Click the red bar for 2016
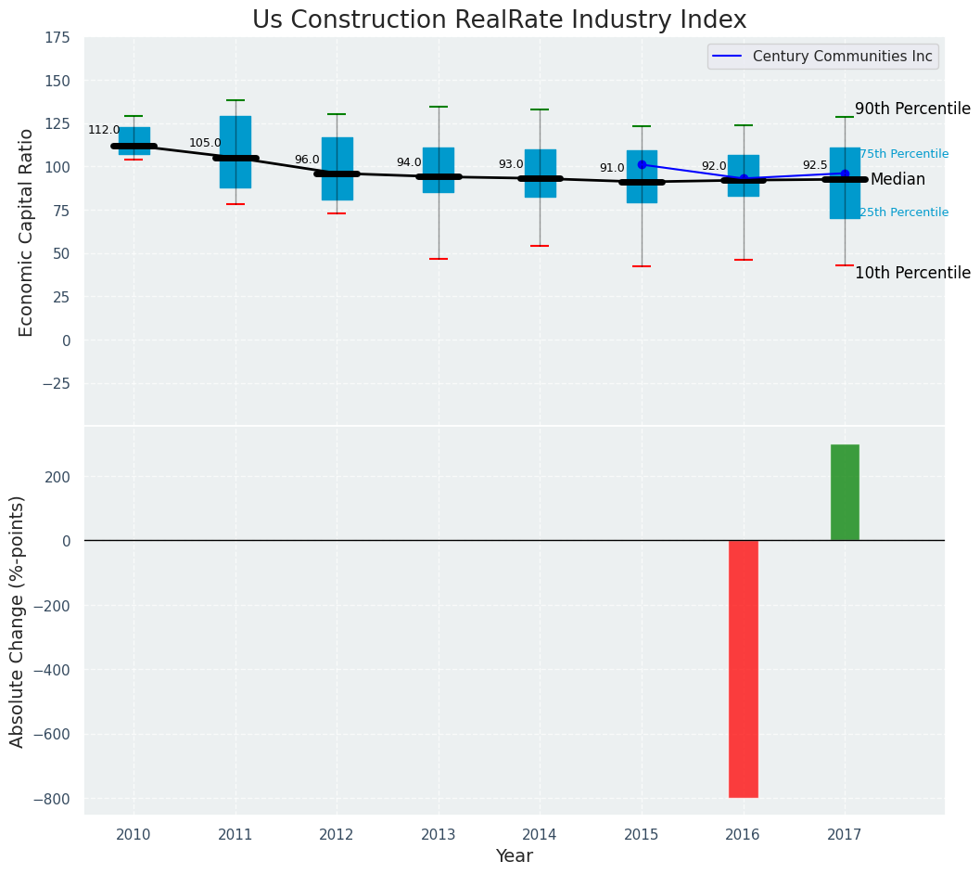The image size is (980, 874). pyautogui.click(x=743, y=668)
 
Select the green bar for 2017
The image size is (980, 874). pyautogui.click(x=845, y=492)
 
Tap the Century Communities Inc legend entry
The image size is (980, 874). pyautogui.click(x=842, y=57)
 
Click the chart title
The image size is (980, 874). pyautogui.click(x=499, y=20)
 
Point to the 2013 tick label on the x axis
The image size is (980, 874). pyautogui.click(x=439, y=835)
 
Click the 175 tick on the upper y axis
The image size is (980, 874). pyautogui.click(x=57, y=38)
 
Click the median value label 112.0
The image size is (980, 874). pyautogui.click(x=104, y=130)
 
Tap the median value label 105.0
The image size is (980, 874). pyautogui.click(x=205, y=143)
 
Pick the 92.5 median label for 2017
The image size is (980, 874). pyautogui.click(x=815, y=165)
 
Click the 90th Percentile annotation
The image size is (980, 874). pyautogui.click(x=912, y=109)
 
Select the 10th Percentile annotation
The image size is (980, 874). pyautogui.click(x=912, y=273)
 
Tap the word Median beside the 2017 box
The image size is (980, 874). pyautogui.click(x=897, y=179)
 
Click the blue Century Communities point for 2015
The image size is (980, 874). pyautogui.click(x=642, y=164)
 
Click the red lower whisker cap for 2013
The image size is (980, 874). pyautogui.click(x=439, y=259)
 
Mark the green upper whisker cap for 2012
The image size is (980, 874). pyautogui.click(x=337, y=114)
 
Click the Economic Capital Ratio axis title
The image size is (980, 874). pyautogui.click(x=26, y=232)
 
